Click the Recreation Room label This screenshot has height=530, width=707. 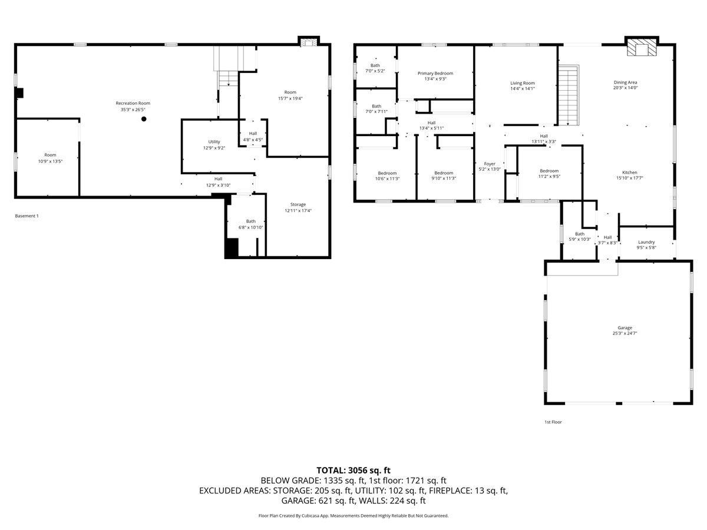133,103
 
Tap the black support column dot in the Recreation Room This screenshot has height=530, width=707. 144,119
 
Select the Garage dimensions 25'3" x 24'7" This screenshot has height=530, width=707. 625,333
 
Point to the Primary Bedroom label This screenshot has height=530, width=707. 435,74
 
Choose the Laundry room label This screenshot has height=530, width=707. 646,242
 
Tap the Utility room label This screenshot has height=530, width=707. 214,141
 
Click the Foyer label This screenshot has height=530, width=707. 489,164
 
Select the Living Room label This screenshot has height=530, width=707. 523,83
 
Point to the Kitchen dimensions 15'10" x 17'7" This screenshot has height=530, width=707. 629,178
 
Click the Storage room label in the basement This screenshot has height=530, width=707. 298,204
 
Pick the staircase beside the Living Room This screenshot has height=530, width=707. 569,95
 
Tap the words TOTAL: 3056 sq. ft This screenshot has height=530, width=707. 353,471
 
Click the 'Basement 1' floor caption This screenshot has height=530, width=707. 27,216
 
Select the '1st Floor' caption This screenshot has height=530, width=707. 553,422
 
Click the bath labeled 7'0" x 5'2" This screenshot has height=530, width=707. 375,68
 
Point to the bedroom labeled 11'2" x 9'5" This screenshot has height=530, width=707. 549,174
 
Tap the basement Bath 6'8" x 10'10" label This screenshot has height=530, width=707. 250,224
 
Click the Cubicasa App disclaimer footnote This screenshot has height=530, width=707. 353,516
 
